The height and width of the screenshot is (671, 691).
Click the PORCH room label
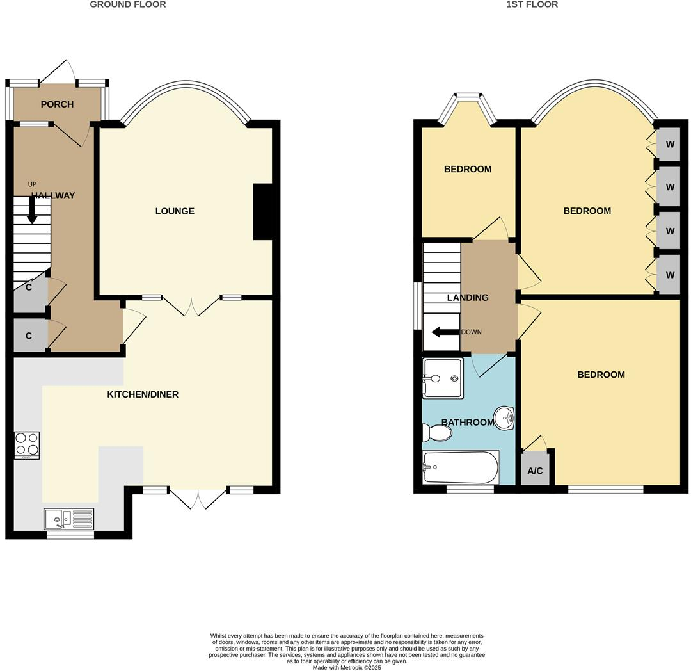57,104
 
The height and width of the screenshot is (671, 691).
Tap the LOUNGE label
175,211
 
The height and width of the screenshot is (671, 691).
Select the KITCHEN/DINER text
143,394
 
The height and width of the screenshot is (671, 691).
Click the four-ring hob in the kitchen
27,445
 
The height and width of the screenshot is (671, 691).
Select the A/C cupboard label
535,471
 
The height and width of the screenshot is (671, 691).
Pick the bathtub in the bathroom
461,468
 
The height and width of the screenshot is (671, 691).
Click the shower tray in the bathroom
443,378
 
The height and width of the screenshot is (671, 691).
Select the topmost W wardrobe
670,145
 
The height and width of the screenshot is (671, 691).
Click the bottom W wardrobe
670,275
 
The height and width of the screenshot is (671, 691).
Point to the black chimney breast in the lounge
263,212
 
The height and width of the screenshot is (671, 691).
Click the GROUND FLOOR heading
128,4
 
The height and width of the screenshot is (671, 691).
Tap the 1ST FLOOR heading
532,4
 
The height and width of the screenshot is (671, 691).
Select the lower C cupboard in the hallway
29,335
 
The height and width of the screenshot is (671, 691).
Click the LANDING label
468,298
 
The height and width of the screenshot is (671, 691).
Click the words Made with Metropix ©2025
347,667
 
